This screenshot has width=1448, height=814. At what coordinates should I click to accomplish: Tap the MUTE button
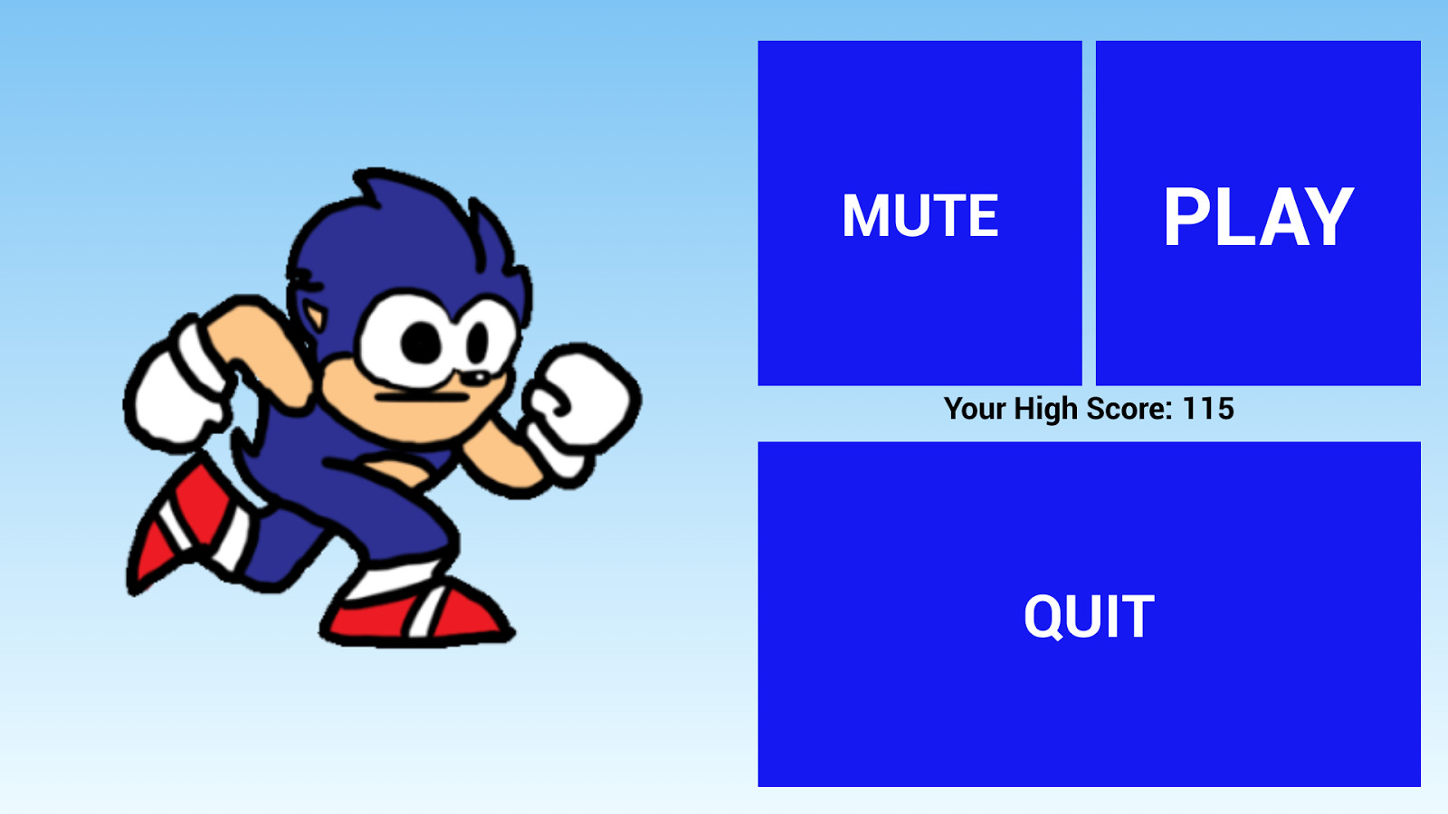pos(919,213)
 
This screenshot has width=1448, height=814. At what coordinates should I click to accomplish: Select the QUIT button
pos(1090,614)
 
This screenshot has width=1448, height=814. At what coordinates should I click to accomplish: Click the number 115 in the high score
pos(1208,409)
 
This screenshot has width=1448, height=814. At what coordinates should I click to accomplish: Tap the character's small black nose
pos(479,377)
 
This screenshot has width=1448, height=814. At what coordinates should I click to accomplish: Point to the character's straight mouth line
pos(422,397)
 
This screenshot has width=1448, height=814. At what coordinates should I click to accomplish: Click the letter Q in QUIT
pos(1045,616)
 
